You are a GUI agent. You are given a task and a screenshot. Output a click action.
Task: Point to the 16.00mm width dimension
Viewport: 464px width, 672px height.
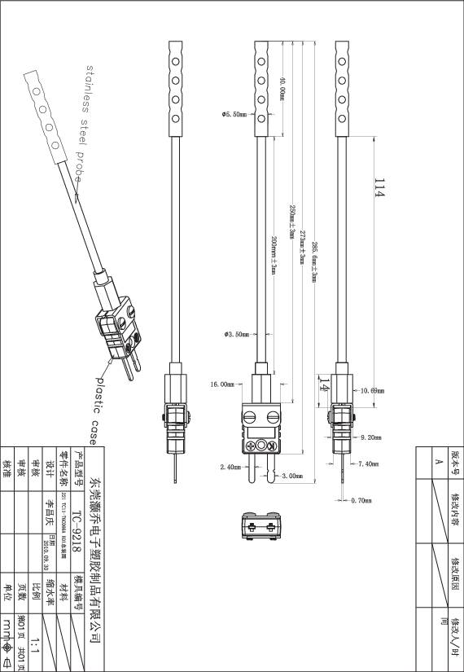[x=221, y=384]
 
